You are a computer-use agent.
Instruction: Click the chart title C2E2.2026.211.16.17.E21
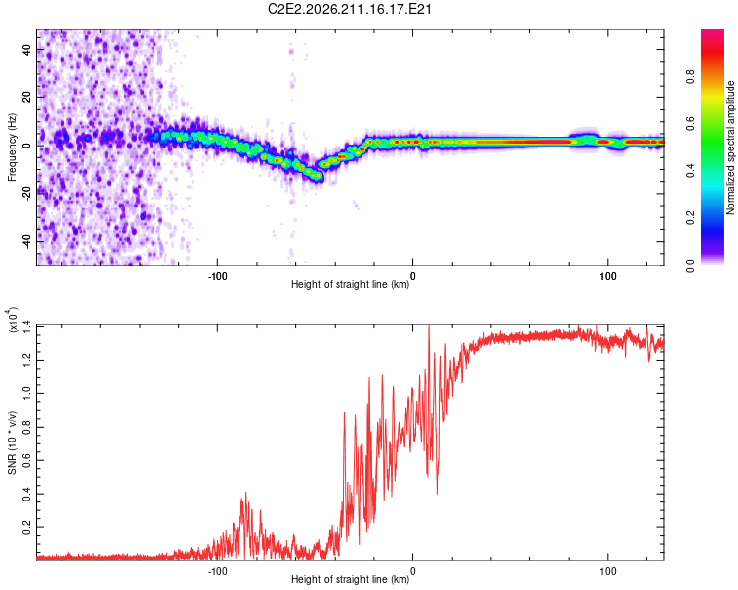pos(349,9)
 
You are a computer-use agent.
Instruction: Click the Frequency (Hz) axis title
pos(12,147)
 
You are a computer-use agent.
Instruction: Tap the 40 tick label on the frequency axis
pos(27,49)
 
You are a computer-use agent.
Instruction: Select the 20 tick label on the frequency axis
pos(27,97)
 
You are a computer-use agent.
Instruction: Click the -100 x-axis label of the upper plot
pos(217,276)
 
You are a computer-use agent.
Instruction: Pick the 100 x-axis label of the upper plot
pos(608,276)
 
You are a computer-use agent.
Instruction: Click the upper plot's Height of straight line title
pos(350,284)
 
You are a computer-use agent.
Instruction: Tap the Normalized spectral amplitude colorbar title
pos(730,147)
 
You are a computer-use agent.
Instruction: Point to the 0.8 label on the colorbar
pos(690,77)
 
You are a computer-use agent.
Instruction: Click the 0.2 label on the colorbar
pos(690,218)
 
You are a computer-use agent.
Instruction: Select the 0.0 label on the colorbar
pos(690,265)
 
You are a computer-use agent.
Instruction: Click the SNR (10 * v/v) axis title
pos(12,442)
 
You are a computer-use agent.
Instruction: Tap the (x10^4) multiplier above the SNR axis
pos(12,320)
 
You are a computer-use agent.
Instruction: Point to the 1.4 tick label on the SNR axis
pos(27,327)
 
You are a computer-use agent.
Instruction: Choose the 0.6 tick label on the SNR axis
pos(27,460)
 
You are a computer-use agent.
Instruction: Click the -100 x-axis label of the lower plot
pos(217,571)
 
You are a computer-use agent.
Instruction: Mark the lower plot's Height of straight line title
pos(350,579)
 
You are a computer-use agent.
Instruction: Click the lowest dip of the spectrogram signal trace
pos(319,177)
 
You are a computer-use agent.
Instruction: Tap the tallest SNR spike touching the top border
pos(429,326)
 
